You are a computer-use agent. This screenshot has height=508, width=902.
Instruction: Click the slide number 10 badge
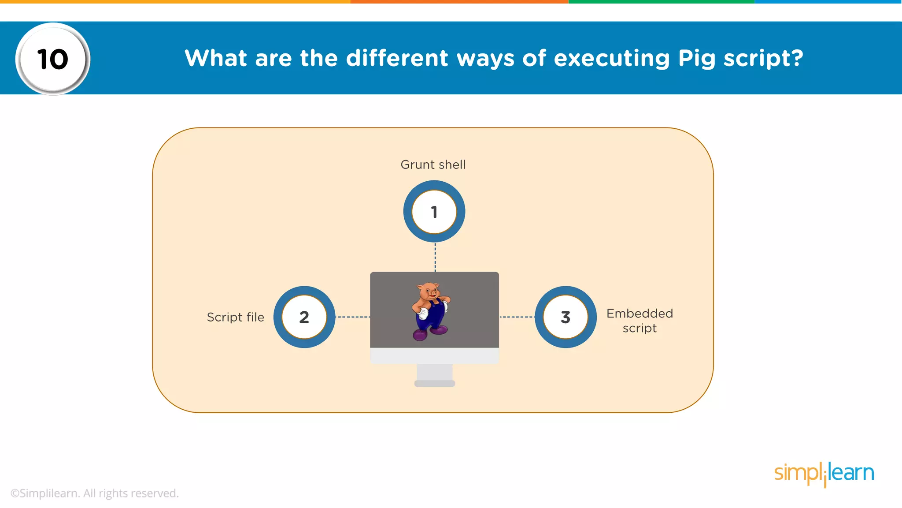pos(53,59)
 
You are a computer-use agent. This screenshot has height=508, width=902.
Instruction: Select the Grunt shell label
pos(433,164)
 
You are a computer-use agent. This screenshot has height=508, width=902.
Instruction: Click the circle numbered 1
pos(434,212)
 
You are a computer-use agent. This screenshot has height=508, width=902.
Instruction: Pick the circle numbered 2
pos(304,317)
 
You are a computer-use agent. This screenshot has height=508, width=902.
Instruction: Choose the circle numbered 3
pos(566,317)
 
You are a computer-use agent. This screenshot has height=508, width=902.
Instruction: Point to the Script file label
pos(236,317)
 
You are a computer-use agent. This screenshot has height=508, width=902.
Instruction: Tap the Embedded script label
pos(640,321)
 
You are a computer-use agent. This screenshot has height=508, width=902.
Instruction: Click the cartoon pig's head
pos(429,291)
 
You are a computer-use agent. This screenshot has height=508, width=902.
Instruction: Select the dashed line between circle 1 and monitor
pos(435,257)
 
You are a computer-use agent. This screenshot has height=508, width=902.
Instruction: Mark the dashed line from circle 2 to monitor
pos(352,317)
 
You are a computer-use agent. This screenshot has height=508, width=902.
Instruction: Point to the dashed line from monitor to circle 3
pos(517,317)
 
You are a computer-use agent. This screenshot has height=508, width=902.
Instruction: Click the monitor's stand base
pos(435,383)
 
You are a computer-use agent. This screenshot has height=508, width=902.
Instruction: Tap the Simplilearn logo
pos(824,474)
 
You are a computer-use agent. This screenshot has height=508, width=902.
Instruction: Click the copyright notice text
pos(95,493)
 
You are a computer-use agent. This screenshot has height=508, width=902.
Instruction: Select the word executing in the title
pos(612,59)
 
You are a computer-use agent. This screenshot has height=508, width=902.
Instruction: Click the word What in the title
pos(216,58)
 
